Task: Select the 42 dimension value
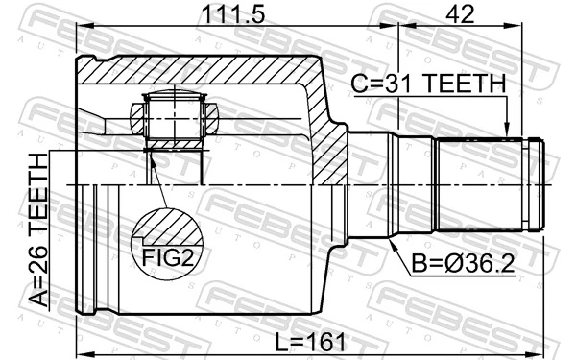(x=461, y=16)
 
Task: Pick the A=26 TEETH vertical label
(x=37, y=229)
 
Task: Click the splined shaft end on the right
(x=490, y=184)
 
